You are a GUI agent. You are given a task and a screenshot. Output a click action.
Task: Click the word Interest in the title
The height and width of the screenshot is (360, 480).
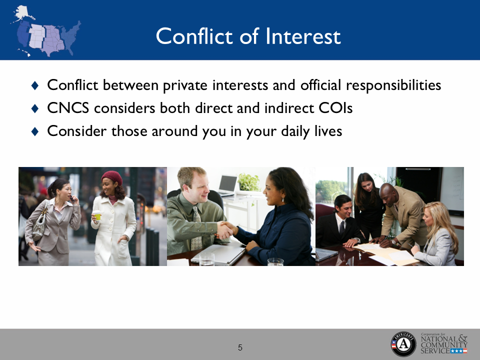click(303, 36)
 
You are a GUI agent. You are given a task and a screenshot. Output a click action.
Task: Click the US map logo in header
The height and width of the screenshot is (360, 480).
click(46, 31)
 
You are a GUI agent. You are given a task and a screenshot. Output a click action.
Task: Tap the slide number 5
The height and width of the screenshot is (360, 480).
click(240, 347)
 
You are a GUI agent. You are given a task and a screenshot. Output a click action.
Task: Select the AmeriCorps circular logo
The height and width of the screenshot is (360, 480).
click(403, 343)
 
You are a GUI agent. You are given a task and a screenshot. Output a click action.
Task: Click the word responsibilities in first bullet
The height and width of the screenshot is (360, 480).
click(392, 85)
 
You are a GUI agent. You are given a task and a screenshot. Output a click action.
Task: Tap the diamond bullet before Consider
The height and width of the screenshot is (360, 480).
click(34, 131)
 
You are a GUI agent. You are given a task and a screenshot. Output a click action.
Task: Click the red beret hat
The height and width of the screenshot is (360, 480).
click(112, 177)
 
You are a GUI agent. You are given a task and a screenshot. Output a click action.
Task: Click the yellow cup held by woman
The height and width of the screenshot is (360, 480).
click(97, 215)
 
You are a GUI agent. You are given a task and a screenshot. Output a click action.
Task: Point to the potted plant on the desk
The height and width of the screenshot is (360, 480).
click(248, 183)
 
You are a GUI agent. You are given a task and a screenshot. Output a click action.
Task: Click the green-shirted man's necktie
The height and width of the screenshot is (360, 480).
click(196, 227)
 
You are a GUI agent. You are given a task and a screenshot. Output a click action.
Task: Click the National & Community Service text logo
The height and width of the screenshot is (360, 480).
click(444, 343)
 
